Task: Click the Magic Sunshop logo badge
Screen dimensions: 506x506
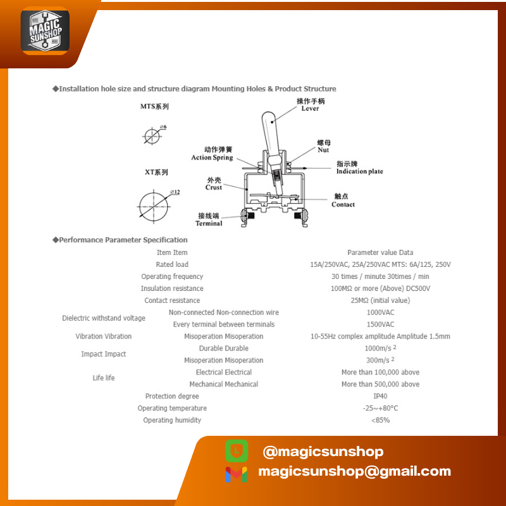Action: (x=45, y=30)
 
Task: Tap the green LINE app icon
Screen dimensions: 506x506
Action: (x=237, y=451)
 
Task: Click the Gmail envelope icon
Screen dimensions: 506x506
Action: (x=237, y=474)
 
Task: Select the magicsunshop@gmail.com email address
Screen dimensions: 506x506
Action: (x=354, y=471)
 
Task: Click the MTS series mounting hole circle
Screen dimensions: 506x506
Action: (x=152, y=136)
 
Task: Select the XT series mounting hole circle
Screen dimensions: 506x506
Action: (x=154, y=207)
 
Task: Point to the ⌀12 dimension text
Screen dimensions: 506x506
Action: (x=175, y=192)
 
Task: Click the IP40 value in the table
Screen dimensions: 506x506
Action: (x=380, y=396)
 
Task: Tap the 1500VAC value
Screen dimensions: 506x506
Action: (x=380, y=324)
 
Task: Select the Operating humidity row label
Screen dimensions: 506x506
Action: (x=172, y=420)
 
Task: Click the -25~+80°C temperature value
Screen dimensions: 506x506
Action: (x=380, y=408)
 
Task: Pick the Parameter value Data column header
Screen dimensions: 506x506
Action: (x=380, y=252)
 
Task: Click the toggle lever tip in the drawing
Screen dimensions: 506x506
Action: (x=268, y=114)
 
